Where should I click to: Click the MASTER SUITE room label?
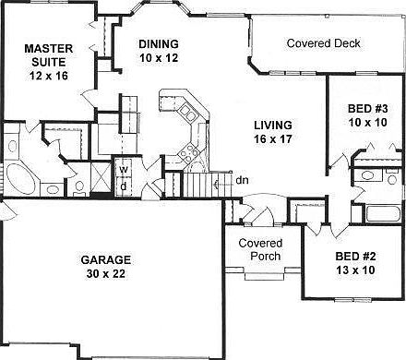(49, 55)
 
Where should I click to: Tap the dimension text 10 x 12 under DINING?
(159, 58)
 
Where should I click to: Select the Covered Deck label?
(323, 43)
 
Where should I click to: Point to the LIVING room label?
(273, 126)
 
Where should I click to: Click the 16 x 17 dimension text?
(273, 139)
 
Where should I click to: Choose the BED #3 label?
(368, 109)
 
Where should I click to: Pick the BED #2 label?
(355, 257)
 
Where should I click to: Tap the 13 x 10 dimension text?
(355, 270)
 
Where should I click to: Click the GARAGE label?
(106, 260)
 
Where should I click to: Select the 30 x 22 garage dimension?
(106, 273)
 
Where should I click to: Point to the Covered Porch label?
(261, 249)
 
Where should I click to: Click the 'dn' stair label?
(242, 180)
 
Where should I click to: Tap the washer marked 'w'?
(124, 168)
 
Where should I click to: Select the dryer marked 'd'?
(124, 186)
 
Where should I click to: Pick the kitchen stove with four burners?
(187, 152)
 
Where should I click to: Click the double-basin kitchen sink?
(187, 113)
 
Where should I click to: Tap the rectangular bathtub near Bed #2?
(383, 213)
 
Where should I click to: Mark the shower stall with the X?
(101, 177)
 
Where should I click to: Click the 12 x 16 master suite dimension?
(49, 76)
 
